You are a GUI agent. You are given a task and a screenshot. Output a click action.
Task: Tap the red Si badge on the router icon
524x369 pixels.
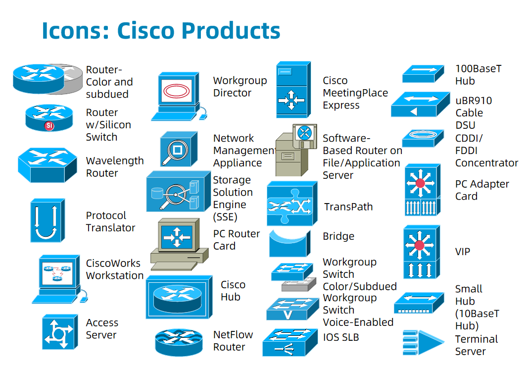49,125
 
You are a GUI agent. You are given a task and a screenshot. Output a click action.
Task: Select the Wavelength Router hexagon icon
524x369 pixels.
48,164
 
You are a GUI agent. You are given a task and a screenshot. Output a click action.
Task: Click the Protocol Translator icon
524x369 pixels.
48,221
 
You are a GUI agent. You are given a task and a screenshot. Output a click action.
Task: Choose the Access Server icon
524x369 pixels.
60,332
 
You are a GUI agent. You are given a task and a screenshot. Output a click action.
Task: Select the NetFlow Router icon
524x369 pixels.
179,342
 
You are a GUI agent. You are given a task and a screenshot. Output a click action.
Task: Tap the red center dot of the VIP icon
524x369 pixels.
420,245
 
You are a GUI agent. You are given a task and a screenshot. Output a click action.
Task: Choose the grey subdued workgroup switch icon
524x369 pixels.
298,284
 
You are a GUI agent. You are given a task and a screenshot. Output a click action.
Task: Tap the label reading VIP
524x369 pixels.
462,252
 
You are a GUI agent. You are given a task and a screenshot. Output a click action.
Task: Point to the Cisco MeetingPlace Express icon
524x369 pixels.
292,89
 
